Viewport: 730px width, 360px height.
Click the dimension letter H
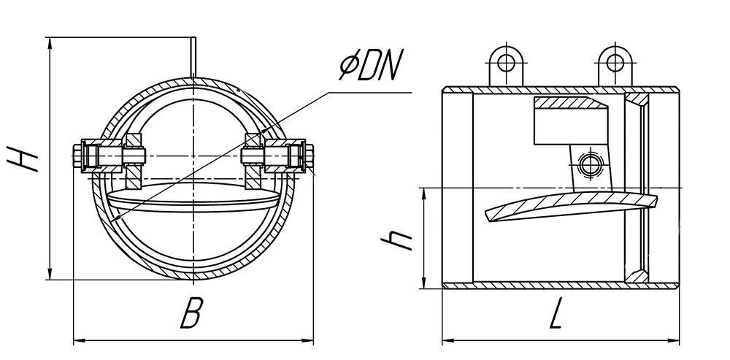23,158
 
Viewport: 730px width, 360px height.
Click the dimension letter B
191,314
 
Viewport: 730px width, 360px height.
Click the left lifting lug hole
506,62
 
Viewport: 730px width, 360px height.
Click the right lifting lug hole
615,62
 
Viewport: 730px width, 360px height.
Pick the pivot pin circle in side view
589,164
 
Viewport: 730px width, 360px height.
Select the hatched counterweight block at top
571,104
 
